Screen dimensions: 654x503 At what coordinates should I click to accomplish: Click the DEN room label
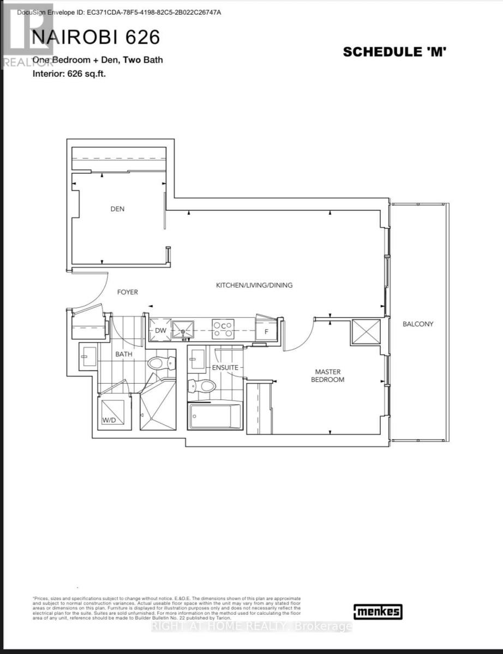tap(117, 209)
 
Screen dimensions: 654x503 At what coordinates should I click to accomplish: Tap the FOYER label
tap(128, 292)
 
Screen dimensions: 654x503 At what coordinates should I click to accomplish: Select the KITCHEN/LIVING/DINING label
tap(254, 285)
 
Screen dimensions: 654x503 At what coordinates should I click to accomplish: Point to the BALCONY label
tap(418, 324)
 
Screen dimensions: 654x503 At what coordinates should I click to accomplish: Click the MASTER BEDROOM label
tap(328, 376)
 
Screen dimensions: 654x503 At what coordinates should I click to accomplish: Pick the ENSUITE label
tap(225, 368)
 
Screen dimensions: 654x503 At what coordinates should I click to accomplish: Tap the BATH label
tap(124, 354)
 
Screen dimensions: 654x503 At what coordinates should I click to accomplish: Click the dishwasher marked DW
tap(160, 330)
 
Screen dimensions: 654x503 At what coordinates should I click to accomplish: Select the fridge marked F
tap(266, 331)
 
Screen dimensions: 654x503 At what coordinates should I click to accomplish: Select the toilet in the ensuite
tap(202, 386)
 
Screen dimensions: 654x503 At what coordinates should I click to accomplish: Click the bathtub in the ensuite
tap(215, 416)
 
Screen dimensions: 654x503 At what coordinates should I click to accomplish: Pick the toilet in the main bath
tap(163, 362)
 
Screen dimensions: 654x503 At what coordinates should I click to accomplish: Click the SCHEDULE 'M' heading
tap(396, 52)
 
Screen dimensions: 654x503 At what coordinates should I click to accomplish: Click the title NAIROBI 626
tap(97, 37)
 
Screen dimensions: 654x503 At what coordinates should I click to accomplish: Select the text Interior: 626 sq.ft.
tap(69, 74)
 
